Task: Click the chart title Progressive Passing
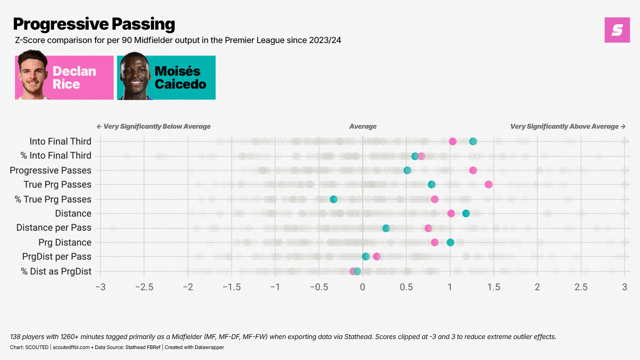[x=94, y=24]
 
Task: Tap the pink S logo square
[x=617, y=30]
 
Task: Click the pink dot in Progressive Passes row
[x=473, y=170]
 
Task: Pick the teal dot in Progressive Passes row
[x=407, y=170]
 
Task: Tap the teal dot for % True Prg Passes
[x=334, y=199]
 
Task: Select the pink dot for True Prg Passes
[x=488, y=184]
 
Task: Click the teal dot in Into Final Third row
[x=473, y=141]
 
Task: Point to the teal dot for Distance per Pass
[x=386, y=228]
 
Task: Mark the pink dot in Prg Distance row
[x=435, y=242]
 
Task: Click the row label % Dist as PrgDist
[x=56, y=271]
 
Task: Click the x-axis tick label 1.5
[x=494, y=287]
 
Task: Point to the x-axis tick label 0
[x=362, y=287]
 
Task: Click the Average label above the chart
[x=363, y=126]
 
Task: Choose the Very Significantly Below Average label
[x=154, y=126]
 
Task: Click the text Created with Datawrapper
[x=194, y=347]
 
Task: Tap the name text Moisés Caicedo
[x=180, y=78]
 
